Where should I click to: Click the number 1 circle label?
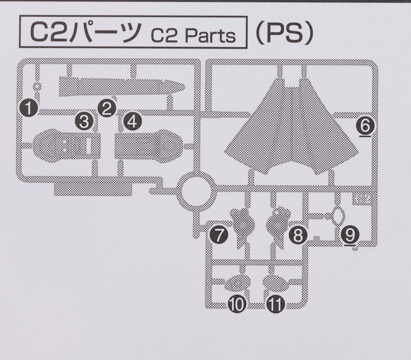29,108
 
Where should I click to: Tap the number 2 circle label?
106,108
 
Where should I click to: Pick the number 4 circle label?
131,122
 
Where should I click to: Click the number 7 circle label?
219,236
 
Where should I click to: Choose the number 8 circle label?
297,236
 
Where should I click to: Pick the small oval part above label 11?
276,282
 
